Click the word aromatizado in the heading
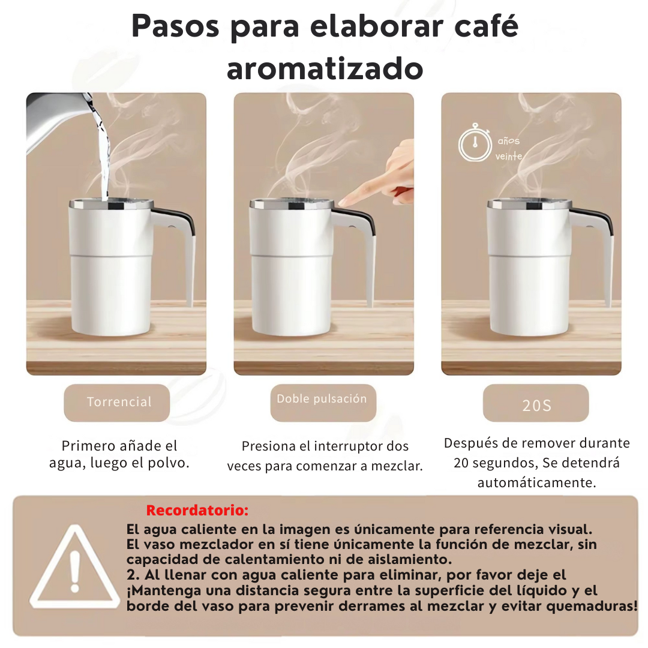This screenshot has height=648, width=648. pos(325,68)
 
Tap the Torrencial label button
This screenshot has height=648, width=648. pos(117,403)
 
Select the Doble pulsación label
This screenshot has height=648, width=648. pos(323,403)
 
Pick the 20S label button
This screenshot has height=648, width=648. pos(536,403)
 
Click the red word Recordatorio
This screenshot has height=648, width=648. pos(197,511)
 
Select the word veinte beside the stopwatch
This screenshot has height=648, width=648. pos(509,156)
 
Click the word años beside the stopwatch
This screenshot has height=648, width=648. pos(509,141)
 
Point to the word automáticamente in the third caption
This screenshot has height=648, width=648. pos(536,482)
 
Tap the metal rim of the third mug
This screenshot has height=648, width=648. pos(530,204)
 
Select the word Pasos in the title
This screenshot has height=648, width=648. pos(175,26)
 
